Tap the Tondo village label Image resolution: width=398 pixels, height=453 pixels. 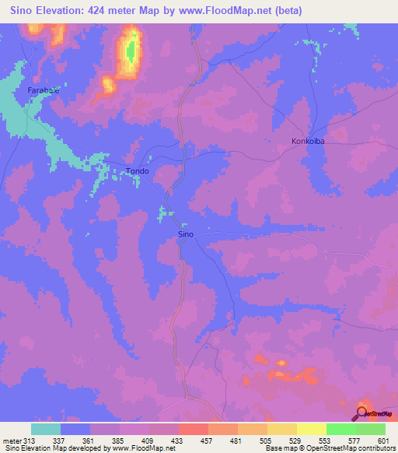coord(137,171)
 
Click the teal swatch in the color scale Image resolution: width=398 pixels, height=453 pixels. coord(46,429)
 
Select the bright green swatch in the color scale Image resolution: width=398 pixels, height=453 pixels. coord(341,429)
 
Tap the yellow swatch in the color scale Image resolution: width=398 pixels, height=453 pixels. coord(312,429)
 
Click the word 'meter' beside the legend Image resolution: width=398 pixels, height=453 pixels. coord(12,440)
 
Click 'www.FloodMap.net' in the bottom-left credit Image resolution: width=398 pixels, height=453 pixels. coord(141,448)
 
